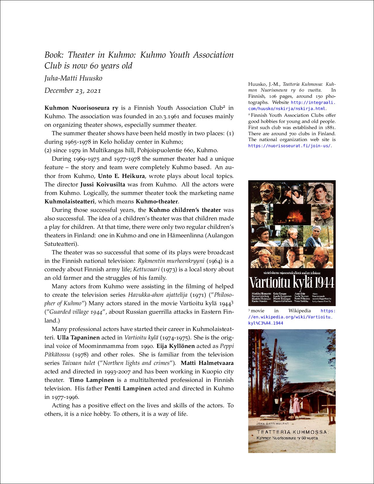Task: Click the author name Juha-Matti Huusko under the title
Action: click(73, 78)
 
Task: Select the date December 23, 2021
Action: click(73, 90)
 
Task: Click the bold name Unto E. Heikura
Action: click(121, 176)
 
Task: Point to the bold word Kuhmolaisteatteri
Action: click(70, 202)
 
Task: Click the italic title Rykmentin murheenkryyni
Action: click(171, 261)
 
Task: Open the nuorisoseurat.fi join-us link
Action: click(289, 146)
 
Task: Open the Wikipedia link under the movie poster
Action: click(292, 317)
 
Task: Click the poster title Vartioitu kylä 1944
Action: click(292, 282)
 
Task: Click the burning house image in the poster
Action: click(292, 215)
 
